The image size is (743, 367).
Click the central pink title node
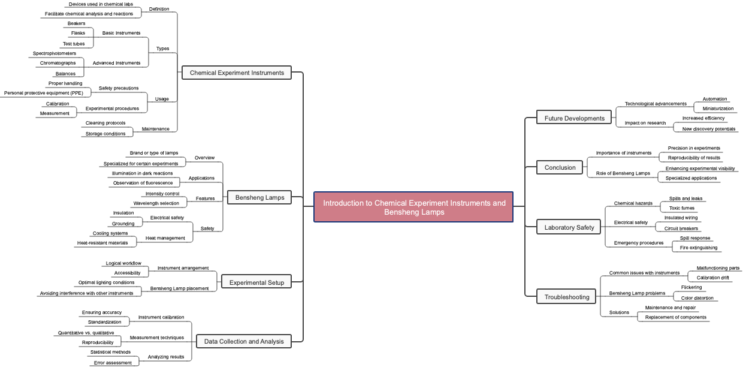click(x=413, y=207)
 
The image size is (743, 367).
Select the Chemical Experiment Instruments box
click(x=236, y=73)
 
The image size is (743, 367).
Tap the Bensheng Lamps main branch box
click(x=259, y=197)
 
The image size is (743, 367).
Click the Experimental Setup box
click(x=256, y=282)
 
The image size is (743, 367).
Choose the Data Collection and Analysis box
click(x=244, y=341)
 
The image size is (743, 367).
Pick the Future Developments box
click(x=574, y=118)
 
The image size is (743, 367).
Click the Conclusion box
click(x=560, y=167)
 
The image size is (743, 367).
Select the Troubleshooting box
click(x=566, y=297)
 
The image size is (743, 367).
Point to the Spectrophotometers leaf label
click(x=54, y=53)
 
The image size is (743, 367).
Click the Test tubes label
click(x=74, y=44)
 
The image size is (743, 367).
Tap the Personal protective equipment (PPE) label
click(x=43, y=93)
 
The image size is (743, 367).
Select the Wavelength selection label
click(x=156, y=203)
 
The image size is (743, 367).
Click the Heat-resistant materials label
click(x=102, y=243)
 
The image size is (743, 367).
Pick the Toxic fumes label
click(x=682, y=208)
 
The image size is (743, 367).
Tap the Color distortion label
click(x=697, y=298)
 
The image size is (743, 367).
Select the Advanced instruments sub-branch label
click(x=116, y=63)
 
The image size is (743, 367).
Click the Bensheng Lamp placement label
click(x=179, y=288)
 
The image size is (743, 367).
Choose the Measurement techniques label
click(x=156, y=338)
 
